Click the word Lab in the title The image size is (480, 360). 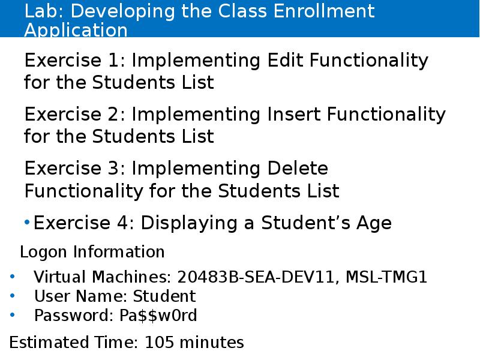pyautogui.click(x=41, y=11)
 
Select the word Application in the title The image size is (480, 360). pyautogui.click(x=76, y=30)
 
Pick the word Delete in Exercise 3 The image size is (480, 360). pyautogui.click(x=297, y=169)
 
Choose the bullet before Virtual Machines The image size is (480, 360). pyautogui.click(x=13, y=278)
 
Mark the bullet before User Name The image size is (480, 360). pyautogui.click(x=13, y=296)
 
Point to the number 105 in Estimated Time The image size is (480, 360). pyautogui.click(x=160, y=343)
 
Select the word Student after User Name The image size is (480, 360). pyautogui.click(x=164, y=296)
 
